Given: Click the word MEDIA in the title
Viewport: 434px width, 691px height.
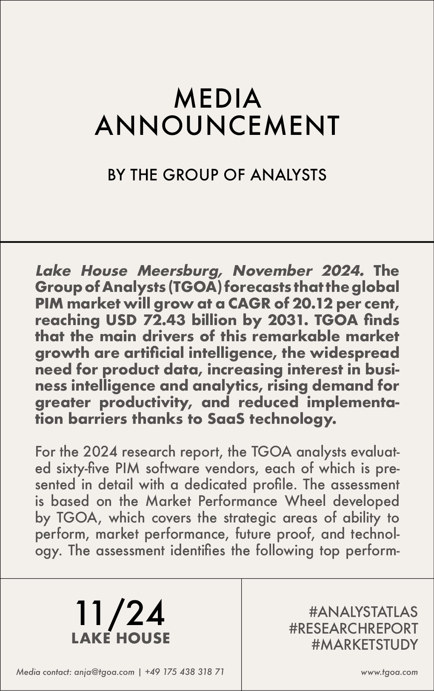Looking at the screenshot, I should point(217,99).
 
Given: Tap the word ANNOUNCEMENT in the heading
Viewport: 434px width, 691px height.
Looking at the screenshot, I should point(217,126).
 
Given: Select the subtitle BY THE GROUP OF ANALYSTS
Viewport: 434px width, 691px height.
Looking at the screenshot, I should point(217,175).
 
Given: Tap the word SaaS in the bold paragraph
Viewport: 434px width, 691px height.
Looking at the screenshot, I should point(226,419).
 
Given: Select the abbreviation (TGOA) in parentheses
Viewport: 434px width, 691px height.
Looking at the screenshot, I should point(195,287).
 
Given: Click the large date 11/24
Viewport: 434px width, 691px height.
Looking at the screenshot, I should point(120,614).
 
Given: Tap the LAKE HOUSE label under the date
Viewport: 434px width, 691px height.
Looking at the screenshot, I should point(120,638).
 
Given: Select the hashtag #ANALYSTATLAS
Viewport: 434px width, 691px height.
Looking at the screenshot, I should point(363,612).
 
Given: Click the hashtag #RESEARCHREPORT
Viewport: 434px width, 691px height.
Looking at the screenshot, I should point(353,628).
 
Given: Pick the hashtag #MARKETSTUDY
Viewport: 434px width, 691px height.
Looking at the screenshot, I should point(364,645).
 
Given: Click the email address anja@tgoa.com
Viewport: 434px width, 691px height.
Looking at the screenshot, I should point(104,672).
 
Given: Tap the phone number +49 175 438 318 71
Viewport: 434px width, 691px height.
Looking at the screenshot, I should point(184,672).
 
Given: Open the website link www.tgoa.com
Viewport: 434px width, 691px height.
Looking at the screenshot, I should point(389,673).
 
